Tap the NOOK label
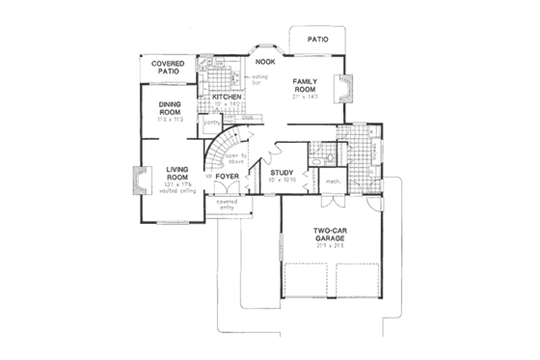pos(266,62)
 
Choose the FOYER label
pos(227,178)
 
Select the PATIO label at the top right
pos(318,40)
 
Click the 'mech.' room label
pos(331,180)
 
